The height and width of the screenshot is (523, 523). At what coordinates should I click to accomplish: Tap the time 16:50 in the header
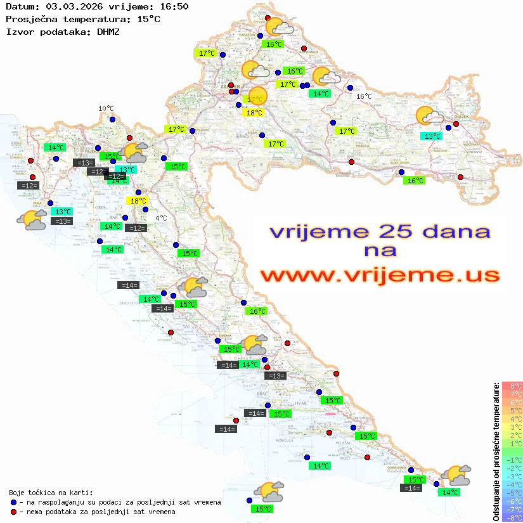(174, 6)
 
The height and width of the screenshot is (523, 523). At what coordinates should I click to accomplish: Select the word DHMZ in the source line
(107, 31)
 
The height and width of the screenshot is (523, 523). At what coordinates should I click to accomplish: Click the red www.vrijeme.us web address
(380, 274)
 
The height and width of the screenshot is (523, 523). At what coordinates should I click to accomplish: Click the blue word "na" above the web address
(380, 251)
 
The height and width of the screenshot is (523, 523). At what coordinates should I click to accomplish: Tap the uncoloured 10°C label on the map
(106, 108)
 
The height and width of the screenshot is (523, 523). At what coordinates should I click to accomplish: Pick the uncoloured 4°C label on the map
(161, 218)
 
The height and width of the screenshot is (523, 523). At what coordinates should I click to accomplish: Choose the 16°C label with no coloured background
(364, 96)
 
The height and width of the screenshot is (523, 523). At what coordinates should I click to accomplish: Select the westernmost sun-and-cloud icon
(32, 220)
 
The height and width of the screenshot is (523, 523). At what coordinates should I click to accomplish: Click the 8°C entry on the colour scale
(512, 386)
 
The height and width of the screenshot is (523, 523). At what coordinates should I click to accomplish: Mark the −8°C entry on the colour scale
(512, 517)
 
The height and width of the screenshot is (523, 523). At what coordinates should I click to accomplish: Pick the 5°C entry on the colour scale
(512, 411)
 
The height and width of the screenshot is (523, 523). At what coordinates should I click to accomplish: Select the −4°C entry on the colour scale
(512, 484)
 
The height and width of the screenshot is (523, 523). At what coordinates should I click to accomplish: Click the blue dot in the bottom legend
(14, 502)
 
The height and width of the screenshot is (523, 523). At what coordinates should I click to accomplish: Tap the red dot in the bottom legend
(14, 511)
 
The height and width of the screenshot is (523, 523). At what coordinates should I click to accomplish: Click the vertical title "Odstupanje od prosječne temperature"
(496, 451)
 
